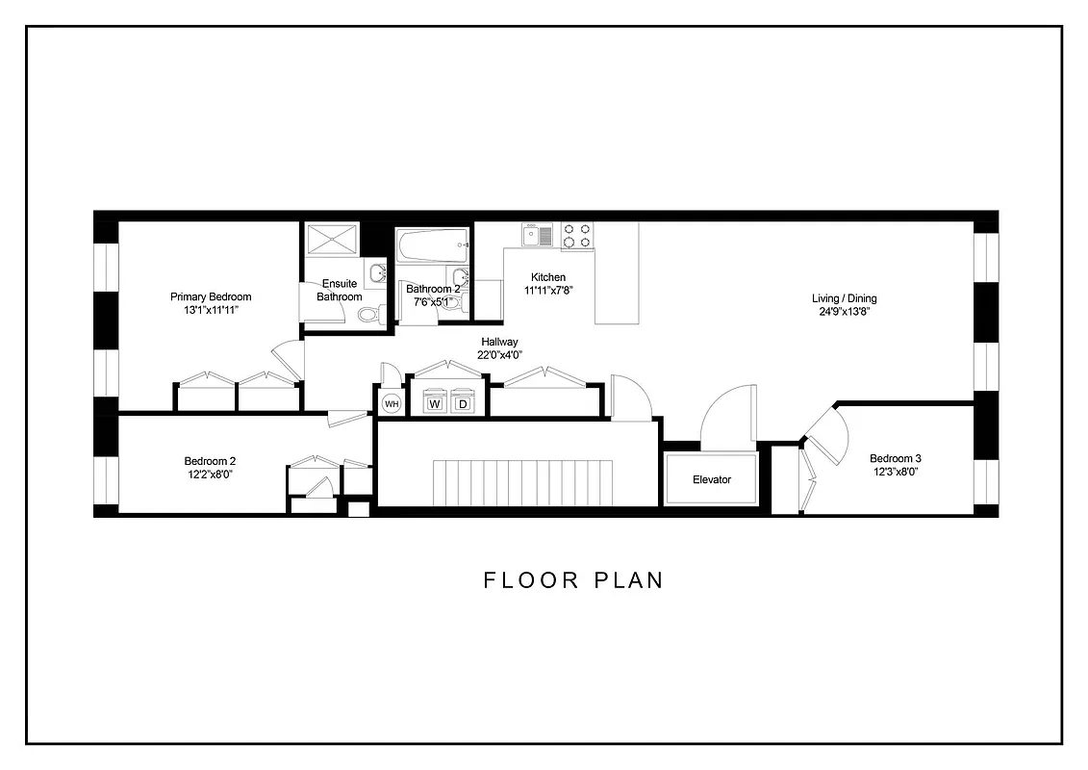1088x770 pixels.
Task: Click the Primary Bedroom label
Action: point(211,296)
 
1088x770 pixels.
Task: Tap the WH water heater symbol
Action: point(392,404)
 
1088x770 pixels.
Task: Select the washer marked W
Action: point(435,404)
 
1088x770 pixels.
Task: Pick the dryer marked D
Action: point(463,404)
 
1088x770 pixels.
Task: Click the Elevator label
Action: point(712,479)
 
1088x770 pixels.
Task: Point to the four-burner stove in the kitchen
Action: point(577,235)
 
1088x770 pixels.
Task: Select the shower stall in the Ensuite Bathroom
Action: point(331,240)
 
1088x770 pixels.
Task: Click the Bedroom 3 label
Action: point(896,458)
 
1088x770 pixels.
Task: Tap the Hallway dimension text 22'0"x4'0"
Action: point(499,355)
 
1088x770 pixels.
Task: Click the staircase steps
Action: point(523,481)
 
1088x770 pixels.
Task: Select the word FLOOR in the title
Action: point(532,580)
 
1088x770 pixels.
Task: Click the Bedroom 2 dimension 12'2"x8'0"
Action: point(210,474)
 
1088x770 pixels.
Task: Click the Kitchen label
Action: point(548,277)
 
